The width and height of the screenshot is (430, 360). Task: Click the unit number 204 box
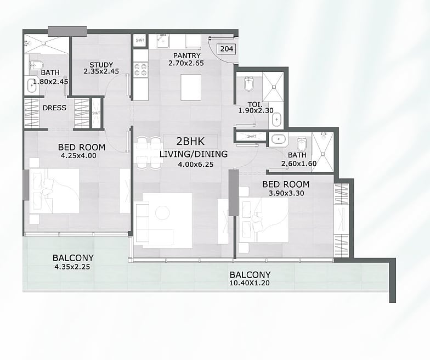(227, 49)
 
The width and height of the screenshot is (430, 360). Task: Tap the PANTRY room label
(186, 55)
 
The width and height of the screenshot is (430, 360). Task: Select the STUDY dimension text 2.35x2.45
(101, 71)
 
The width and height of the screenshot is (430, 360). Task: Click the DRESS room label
(54, 108)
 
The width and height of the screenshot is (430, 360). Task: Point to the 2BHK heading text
(190, 142)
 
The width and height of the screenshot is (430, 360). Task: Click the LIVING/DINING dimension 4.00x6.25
(195, 165)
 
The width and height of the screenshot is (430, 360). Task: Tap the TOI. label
(255, 104)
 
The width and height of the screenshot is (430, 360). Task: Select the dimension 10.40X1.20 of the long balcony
(250, 283)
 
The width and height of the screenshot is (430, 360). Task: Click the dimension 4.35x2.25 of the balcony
(72, 267)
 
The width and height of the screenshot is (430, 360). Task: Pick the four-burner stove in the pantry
(141, 69)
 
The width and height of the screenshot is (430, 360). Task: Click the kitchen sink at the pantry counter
(163, 42)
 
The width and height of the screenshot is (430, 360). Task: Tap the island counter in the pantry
(191, 87)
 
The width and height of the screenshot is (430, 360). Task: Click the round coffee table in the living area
(162, 212)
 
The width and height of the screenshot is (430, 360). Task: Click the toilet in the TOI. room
(249, 83)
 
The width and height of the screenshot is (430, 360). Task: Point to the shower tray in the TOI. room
(273, 87)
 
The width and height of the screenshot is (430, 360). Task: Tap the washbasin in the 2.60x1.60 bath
(279, 139)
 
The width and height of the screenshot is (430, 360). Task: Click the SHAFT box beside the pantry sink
(140, 41)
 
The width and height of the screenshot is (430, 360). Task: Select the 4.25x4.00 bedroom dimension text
(78, 156)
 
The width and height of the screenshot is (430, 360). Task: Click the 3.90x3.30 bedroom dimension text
(286, 193)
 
